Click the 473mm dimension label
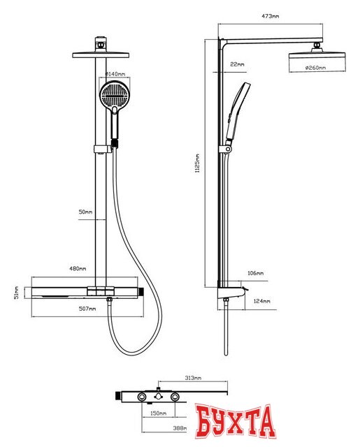coord(270,16)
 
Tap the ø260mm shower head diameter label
coord(315,68)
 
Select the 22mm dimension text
coord(237,64)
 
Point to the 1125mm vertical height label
coord(197,163)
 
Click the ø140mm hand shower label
coord(115,74)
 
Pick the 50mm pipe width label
coord(85,212)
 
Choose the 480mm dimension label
coord(78,268)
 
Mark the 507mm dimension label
coord(87,309)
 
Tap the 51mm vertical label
coord(17,293)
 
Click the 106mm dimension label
coord(255,273)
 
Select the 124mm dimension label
coord(261,301)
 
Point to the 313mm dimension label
coord(193,378)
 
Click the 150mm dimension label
coord(158,413)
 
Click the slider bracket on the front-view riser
coord(102,149)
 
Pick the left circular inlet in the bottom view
coord(142,397)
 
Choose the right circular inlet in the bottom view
coord(175,397)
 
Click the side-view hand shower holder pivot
coord(228,149)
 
